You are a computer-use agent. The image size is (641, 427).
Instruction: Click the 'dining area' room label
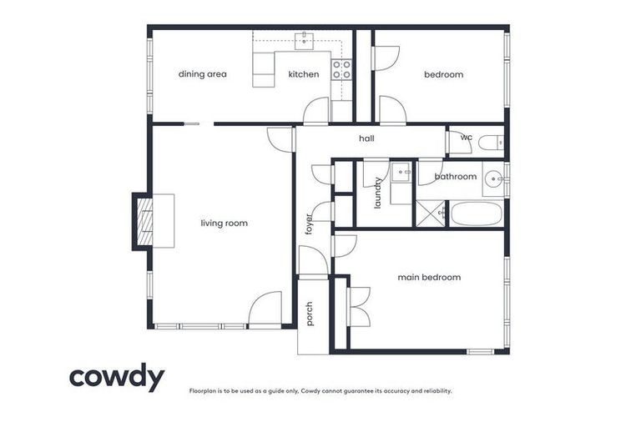point(203,74)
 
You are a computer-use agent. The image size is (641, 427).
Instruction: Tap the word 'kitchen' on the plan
point(304,74)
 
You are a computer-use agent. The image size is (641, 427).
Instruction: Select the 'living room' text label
point(225,223)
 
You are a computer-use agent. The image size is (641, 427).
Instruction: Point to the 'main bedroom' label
point(429,277)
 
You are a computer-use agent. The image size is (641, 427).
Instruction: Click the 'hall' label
point(366,138)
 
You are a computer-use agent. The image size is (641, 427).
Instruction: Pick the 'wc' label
point(467,138)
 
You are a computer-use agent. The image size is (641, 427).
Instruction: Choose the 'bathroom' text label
point(456,176)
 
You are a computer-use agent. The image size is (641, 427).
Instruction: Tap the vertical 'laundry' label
point(377,193)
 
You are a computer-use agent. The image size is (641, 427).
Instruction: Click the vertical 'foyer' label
point(308,223)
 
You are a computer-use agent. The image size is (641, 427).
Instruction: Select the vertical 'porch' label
point(309,314)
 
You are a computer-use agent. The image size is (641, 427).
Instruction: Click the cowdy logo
point(117,377)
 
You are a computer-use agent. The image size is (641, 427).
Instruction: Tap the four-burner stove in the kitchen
point(341,69)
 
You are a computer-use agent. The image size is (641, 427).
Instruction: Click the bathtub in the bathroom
point(476,213)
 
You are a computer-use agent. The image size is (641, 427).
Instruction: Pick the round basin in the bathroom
point(495,177)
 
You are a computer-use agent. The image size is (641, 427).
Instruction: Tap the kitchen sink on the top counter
point(305,38)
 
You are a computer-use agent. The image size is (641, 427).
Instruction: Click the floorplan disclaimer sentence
point(320,390)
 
